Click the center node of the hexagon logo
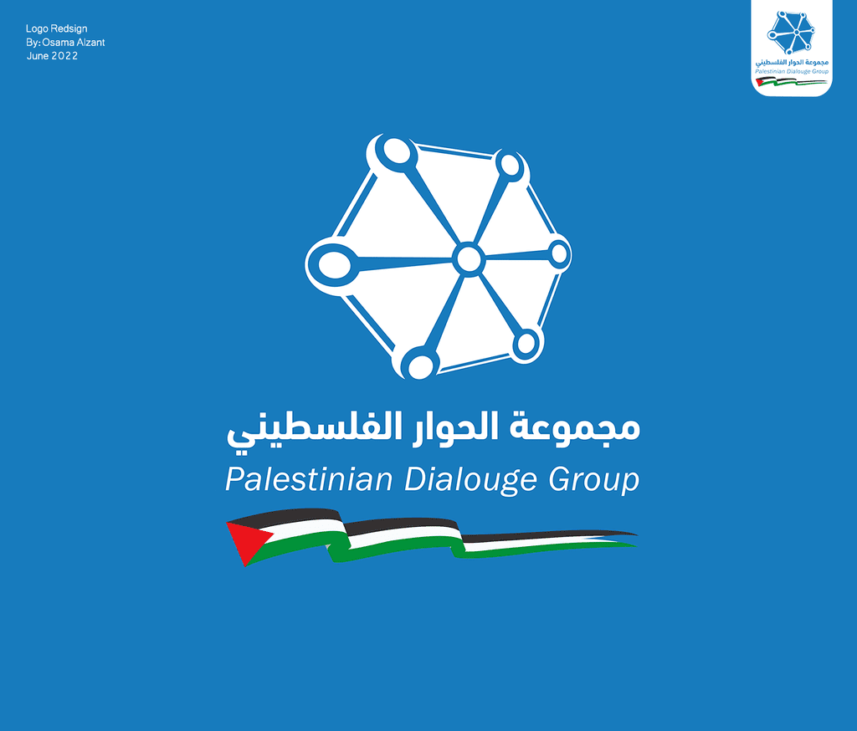[469, 259]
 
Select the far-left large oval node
[334, 265]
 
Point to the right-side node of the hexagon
[559, 253]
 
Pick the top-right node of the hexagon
[510, 165]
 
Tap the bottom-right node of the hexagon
[526, 343]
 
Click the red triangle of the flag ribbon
[247, 541]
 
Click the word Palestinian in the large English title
[309, 479]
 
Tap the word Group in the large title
[593, 480]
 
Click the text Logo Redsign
[56, 28]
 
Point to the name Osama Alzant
[74, 42]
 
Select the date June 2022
[53, 56]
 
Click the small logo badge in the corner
[792, 48]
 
